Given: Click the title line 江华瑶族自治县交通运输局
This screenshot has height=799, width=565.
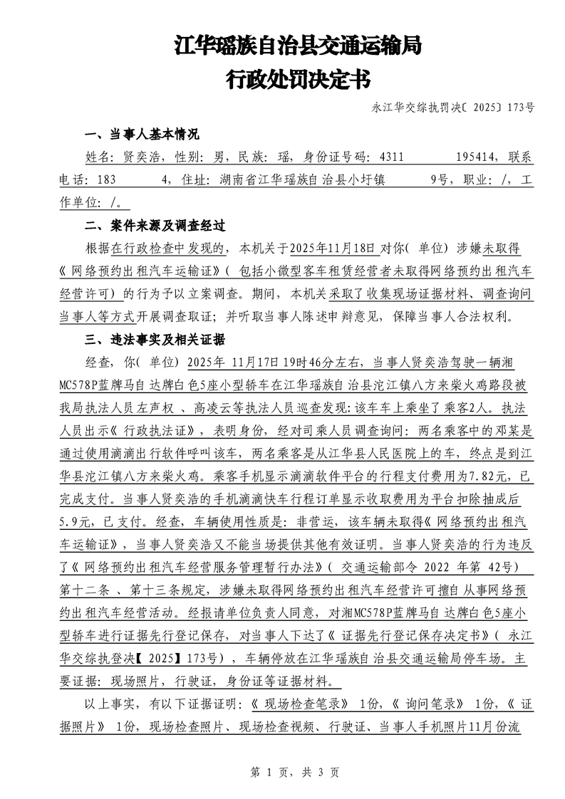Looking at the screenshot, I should pyautogui.click(x=298, y=47).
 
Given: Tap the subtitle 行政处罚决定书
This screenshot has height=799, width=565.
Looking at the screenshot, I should pyautogui.click(x=298, y=78).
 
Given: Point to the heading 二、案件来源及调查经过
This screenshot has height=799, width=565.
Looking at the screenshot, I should pyautogui.click(x=155, y=226).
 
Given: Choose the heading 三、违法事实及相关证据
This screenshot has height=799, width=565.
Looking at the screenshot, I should pyautogui.click(x=155, y=338).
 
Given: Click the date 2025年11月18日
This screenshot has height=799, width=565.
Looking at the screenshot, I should pyautogui.click(x=331, y=249).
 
